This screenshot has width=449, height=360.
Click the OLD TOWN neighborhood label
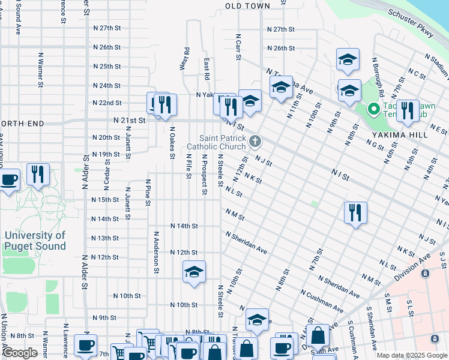[247, 6]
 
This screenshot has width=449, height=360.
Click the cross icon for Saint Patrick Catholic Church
[255, 142]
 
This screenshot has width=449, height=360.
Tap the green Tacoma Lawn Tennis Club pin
[372, 109]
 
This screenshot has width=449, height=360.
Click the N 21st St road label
[129, 120]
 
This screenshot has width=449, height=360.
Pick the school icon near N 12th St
[194, 272]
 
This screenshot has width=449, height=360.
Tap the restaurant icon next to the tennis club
[407, 110]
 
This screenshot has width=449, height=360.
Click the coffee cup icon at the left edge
[8, 179]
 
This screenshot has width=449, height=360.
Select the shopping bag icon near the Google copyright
[320, 336]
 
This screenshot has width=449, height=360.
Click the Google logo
[20, 353]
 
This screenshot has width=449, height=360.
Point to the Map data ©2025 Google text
[411, 355]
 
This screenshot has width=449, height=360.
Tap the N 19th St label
[105, 154]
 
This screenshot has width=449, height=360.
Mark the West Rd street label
[185, 59]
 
